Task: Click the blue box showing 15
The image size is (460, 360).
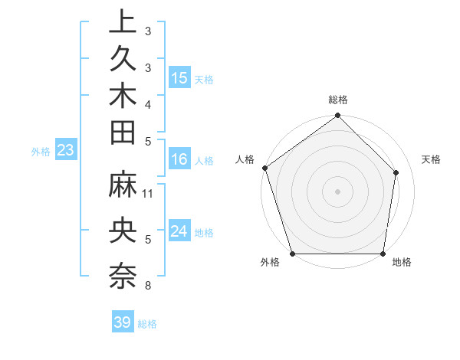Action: pyautogui.click(x=179, y=78)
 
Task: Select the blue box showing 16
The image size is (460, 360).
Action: pyautogui.click(x=179, y=160)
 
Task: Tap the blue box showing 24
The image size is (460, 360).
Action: pyautogui.click(x=179, y=232)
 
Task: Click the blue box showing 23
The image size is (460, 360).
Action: pyautogui.click(x=65, y=150)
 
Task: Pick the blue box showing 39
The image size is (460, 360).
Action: pyautogui.click(x=123, y=322)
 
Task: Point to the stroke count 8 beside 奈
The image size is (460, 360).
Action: pyautogui.click(x=148, y=286)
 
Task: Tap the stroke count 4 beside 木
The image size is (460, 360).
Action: pyautogui.click(x=148, y=103)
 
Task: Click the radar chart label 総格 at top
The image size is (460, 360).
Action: pyautogui.click(x=338, y=100)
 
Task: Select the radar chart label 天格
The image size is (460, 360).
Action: pyautogui.click(x=432, y=159)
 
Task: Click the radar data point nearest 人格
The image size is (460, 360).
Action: pyautogui.click(x=265, y=168)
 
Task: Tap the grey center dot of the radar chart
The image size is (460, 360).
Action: pyautogui.click(x=338, y=191)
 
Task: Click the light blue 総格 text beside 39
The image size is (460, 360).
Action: pyautogui.click(x=148, y=324)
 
